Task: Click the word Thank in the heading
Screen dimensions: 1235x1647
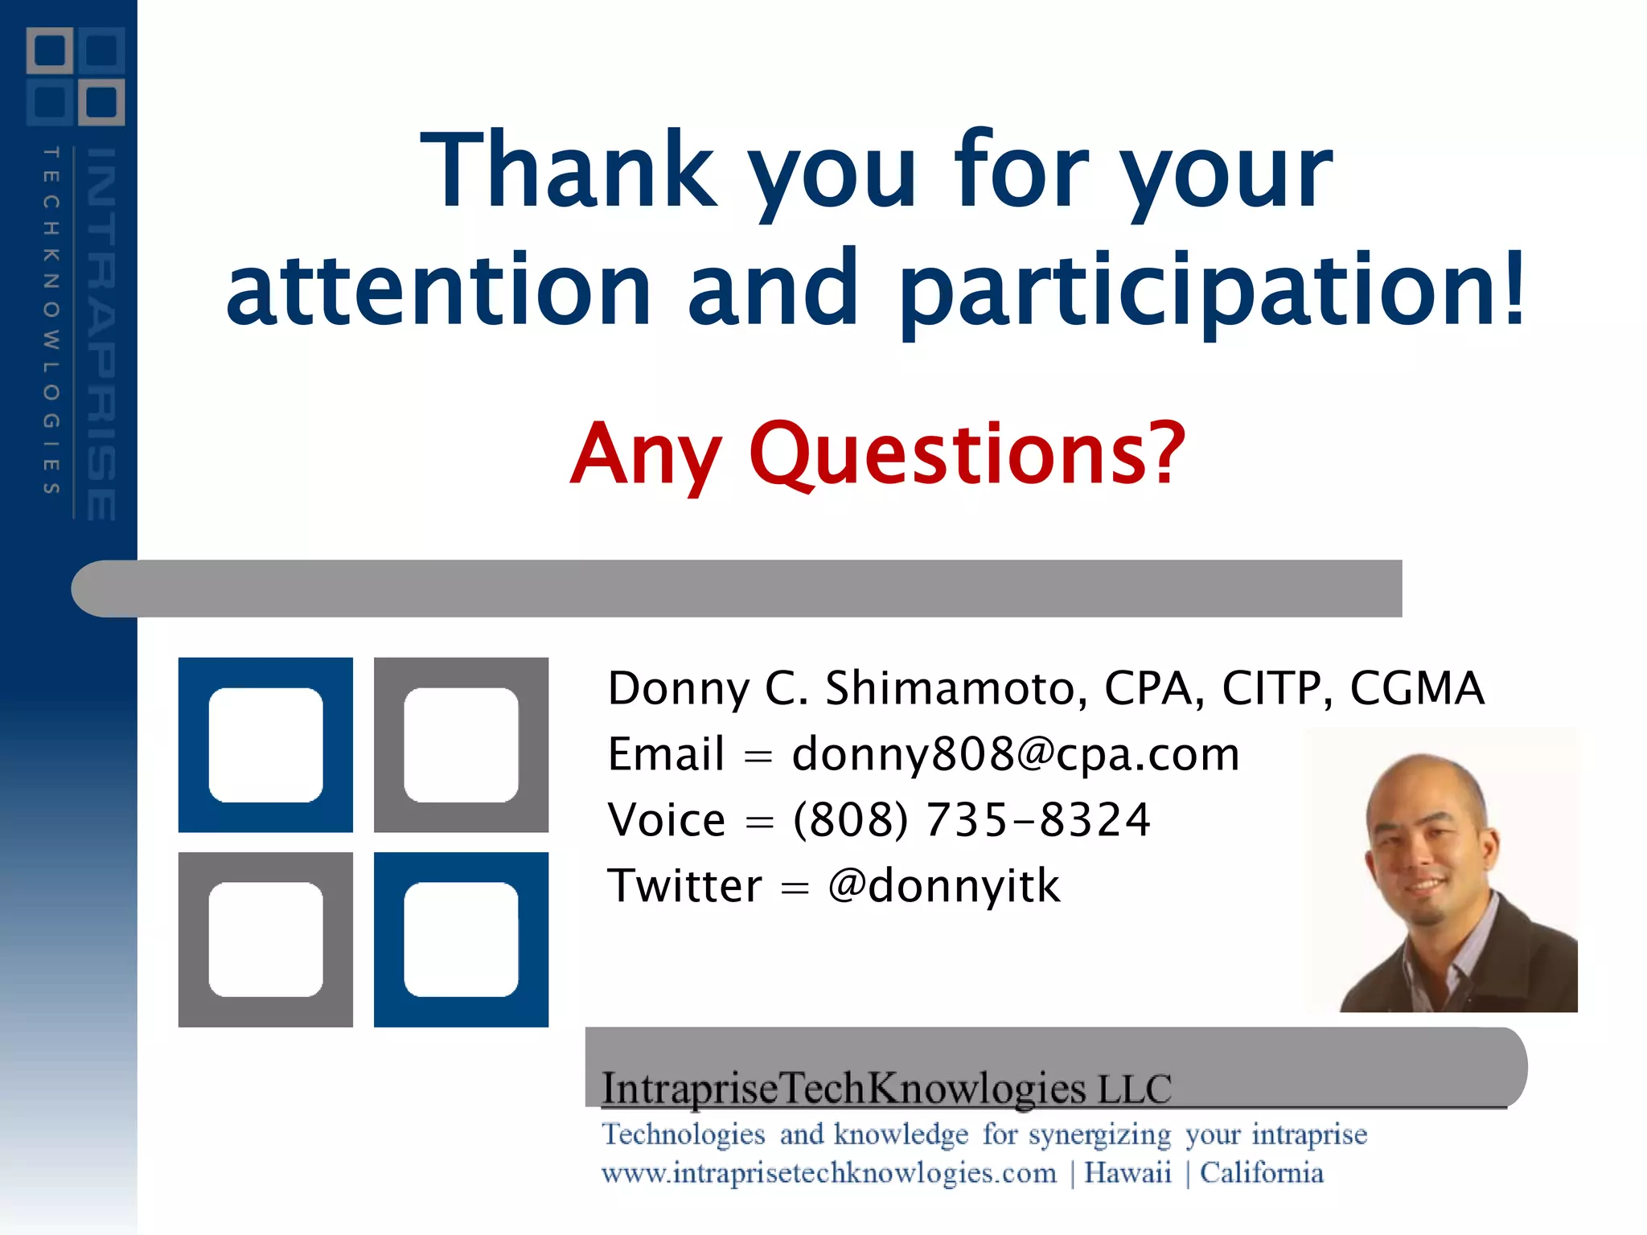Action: click(x=568, y=170)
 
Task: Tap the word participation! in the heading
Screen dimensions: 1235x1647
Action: click(x=1210, y=289)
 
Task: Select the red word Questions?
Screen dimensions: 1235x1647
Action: click(x=967, y=454)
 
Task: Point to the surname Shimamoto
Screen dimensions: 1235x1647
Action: click(x=955, y=689)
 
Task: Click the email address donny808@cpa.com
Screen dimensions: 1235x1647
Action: click(x=1015, y=754)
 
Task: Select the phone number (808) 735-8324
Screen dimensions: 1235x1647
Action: click(x=971, y=820)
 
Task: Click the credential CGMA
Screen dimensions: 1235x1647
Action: click(x=1416, y=689)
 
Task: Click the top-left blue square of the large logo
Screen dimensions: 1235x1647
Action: click(x=265, y=745)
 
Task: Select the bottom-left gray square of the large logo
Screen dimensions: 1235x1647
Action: click(x=265, y=939)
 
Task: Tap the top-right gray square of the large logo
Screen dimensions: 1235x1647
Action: click(x=461, y=745)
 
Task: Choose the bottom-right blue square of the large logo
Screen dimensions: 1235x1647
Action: click(x=461, y=939)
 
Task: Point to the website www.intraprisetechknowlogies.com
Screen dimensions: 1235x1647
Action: click(x=828, y=1173)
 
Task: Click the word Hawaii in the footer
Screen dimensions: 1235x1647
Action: click(x=1127, y=1173)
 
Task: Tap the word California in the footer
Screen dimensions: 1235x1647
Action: click(x=1261, y=1173)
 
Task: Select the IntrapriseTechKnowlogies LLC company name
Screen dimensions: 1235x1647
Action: click(x=886, y=1089)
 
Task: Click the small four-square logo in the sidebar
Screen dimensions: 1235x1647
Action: click(x=76, y=76)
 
